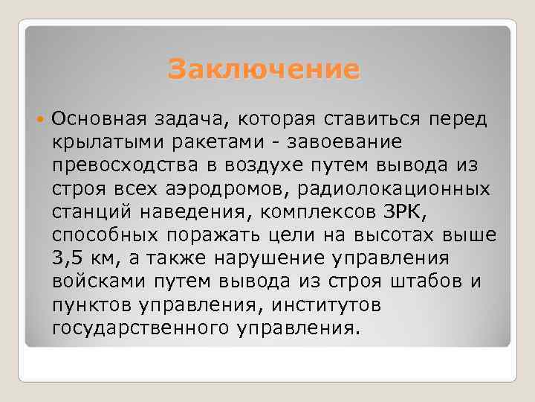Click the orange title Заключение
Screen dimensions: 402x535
click(264, 70)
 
